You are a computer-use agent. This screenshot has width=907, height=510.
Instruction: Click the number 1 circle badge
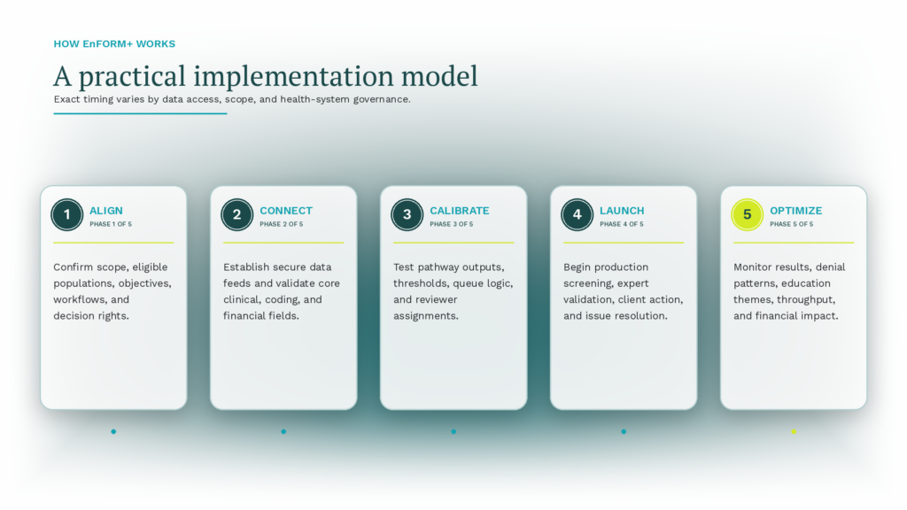coord(67,214)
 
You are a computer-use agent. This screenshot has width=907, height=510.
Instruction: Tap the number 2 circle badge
coord(237,214)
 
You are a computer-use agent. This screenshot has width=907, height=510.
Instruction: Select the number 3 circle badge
coord(407,214)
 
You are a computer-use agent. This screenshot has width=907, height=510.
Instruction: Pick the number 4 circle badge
coord(578,214)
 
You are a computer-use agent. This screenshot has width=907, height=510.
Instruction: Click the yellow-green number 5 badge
coord(748,214)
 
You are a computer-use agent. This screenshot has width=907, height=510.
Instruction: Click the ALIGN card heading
coord(106,211)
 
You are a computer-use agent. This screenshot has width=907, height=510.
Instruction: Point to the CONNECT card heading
coord(286,211)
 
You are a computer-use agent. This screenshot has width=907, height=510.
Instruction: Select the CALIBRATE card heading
coord(460,211)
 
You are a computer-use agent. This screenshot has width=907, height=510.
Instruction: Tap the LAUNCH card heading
coord(622,211)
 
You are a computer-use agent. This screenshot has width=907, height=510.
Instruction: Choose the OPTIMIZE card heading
coord(796,211)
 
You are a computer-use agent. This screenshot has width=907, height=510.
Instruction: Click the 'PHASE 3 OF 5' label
coord(451,224)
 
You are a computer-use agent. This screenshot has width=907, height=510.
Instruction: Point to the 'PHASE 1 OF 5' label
coord(111,224)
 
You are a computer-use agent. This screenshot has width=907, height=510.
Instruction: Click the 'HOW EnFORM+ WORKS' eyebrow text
coord(114,44)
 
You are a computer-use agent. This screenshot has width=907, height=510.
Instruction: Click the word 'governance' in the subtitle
coord(382,99)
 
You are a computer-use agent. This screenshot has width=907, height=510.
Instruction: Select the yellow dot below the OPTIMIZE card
coord(794,431)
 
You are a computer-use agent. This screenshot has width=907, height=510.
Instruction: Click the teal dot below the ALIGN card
coord(113,431)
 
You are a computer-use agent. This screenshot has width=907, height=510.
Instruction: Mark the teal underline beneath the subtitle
coord(140,113)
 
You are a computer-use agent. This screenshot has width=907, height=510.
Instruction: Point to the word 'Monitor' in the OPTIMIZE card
coord(752,267)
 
